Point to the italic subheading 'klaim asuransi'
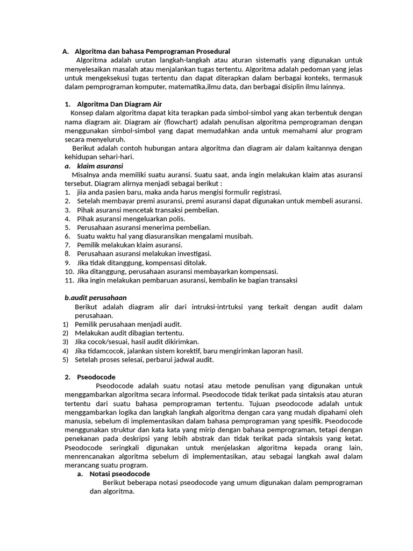click(x=100, y=166)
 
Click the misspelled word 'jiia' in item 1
click(x=82, y=192)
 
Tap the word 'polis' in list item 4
click(x=177, y=218)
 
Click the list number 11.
click(x=69, y=280)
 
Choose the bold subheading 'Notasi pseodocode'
click(x=119, y=474)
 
